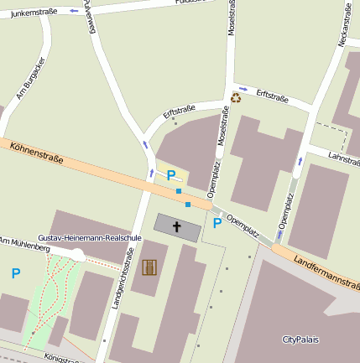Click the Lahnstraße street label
pos(344,157)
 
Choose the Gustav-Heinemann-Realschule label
pos(86,239)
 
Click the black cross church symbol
pos(177,226)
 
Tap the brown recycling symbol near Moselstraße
pos(236,97)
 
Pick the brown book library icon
pos(150,267)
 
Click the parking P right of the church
pos(217,223)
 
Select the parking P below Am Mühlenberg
pos(15,273)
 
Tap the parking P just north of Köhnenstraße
pos(171,175)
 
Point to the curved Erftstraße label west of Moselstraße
pos(179,110)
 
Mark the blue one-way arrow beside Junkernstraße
pos(74,10)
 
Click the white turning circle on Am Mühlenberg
pos(77,255)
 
